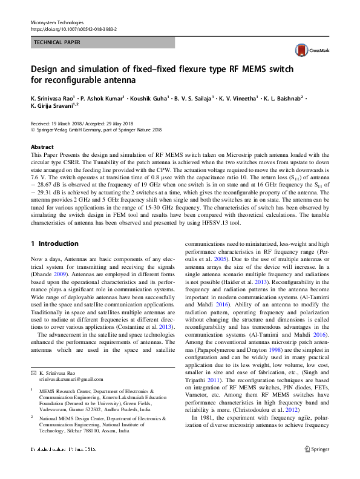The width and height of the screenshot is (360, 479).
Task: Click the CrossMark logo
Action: click(x=310, y=51)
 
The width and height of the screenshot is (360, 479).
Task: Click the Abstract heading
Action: click(x=42, y=147)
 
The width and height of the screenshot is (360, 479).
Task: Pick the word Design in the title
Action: click(x=47, y=68)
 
